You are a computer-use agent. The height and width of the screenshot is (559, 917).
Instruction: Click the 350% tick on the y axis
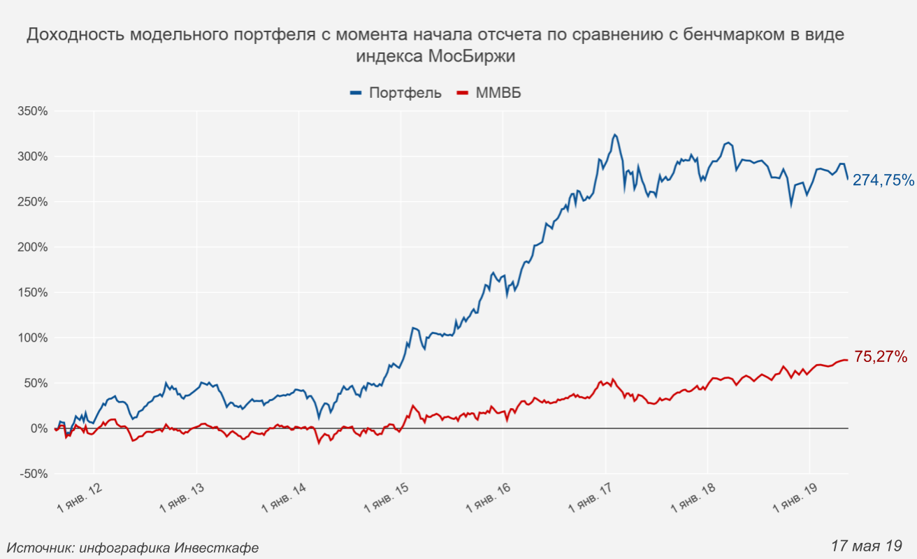tap(33, 111)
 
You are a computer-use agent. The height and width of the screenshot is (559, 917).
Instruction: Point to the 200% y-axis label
tap(33, 247)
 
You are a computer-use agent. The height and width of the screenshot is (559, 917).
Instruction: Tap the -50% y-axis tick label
tap(33, 474)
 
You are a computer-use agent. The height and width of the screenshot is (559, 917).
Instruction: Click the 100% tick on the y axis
tap(33, 338)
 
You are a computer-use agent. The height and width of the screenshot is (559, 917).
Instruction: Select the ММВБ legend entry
tap(498, 93)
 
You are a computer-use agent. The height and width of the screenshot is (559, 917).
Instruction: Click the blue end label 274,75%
tap(883, 180)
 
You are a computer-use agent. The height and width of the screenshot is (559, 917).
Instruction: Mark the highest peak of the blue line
tap(614, 134)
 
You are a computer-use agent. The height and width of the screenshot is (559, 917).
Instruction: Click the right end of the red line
tap(848, 360)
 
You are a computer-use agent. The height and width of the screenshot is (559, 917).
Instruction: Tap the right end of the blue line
tap(848, 179)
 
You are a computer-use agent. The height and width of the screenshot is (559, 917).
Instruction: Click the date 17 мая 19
tap(866, 545)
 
